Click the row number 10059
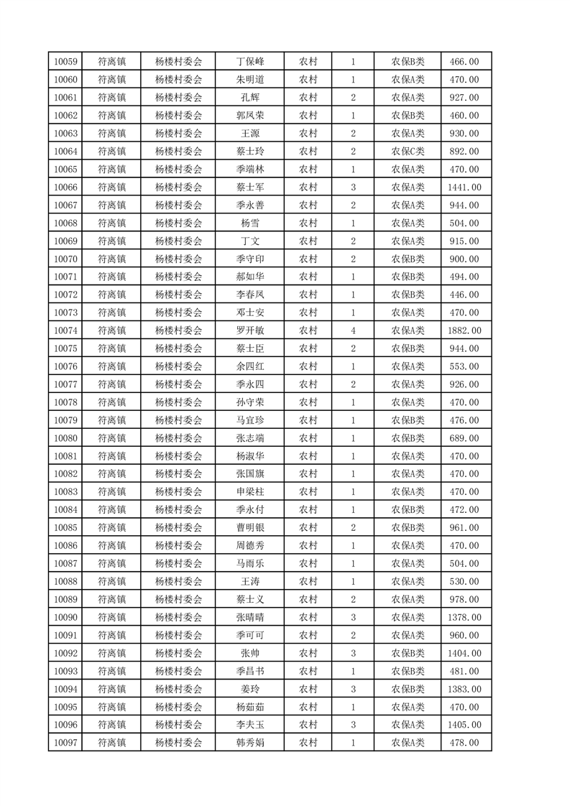tap(65, 62)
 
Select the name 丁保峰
tap(250, 62)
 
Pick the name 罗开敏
tap(250, 330)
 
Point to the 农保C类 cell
tap(408, 152)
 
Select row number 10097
tap(65, 743)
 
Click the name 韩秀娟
tap(250, 743)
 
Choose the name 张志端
tap(250, 438)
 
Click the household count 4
tap(353, 330)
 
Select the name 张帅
tap(250, 653)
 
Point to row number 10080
tap(65, 438)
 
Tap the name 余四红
tap(250, 366)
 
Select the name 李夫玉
tap(250, 725)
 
